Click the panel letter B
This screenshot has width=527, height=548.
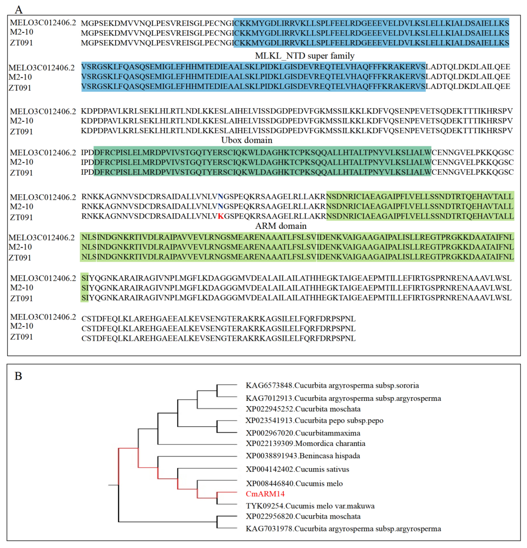pos(18,376)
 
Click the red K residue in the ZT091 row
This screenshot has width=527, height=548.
pos(220,216)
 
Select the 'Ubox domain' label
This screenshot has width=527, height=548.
pos(246,140)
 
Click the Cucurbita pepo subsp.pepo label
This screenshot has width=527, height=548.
pos(314,420)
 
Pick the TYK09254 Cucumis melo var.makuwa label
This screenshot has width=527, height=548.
pos(310,506)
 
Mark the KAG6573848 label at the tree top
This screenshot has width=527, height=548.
pos(332,386)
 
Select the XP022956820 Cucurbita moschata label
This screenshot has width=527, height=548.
pos(303,516)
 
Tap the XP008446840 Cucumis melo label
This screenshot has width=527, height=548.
pos(294,483)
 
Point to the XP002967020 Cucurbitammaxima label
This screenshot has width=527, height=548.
pos(303,433)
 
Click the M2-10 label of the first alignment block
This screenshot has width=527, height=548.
pos(22,32)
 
